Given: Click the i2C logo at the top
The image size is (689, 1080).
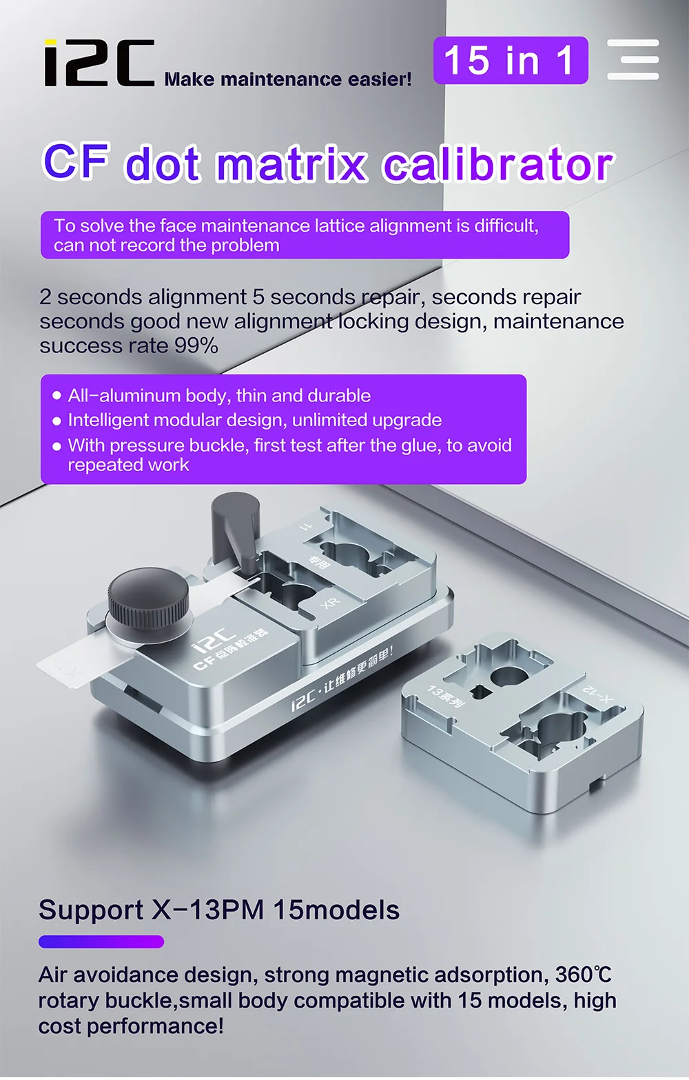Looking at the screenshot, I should tap(99, 63).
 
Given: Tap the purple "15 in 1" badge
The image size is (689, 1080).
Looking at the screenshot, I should tap(511, 61).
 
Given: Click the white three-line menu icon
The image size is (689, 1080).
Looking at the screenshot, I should tap(633, 60).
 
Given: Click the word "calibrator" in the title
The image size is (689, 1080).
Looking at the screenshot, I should tap(497, 164).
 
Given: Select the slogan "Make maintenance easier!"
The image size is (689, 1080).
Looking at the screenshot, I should tap(288, 79).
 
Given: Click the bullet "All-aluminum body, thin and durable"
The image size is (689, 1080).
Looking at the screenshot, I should tap(218, 396).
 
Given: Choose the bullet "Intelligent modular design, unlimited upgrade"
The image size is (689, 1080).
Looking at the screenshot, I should tap(254, 420).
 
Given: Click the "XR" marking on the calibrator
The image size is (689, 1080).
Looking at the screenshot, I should tap(330, 603).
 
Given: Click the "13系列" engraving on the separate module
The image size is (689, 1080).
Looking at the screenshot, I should tap(446, 696).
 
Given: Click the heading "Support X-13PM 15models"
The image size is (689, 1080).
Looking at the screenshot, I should tap(219, 910).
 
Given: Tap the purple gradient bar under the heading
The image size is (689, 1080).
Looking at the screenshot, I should tap(101, 942).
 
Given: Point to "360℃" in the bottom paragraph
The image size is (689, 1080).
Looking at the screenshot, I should tap(583, 974).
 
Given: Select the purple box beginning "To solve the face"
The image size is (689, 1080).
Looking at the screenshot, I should tap(305, 235).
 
